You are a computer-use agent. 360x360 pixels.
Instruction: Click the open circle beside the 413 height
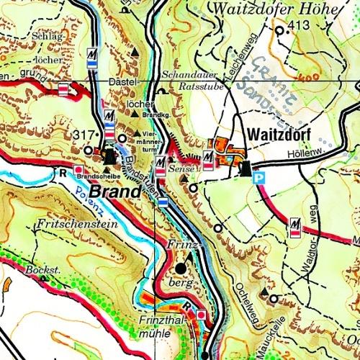279,31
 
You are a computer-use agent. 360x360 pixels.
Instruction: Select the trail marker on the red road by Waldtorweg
294,228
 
